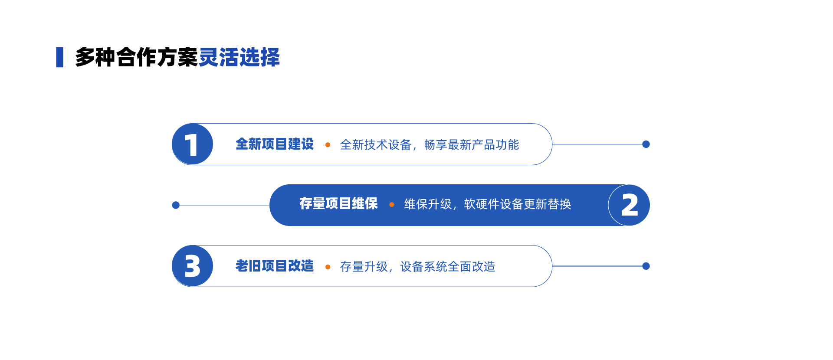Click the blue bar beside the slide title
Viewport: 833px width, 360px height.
[60, 57]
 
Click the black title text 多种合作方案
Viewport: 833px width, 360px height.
[137, 57]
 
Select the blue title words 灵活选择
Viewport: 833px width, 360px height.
[239, 57]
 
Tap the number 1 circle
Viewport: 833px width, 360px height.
[193, 144]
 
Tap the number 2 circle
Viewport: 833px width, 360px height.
[629, 205]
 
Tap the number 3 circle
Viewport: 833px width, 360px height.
[193, 266]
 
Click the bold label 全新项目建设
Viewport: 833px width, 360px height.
[275, 144]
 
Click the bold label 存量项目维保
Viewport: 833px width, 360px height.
[338, 203]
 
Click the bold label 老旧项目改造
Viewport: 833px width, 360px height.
[275, 266]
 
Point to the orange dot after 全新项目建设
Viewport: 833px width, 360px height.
[328, 145]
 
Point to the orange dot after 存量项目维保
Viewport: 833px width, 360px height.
[392, 205]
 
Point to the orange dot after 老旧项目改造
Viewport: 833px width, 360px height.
[328, 267]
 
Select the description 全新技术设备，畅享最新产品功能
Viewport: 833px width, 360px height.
[430, 145]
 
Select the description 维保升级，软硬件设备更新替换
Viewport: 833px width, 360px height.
[488, 204]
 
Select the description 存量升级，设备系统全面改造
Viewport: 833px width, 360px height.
[418, 267]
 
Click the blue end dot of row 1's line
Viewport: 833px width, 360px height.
[646, 144]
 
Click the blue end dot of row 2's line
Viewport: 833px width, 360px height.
[176, 205]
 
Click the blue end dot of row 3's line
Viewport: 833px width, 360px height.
[646, 266]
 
